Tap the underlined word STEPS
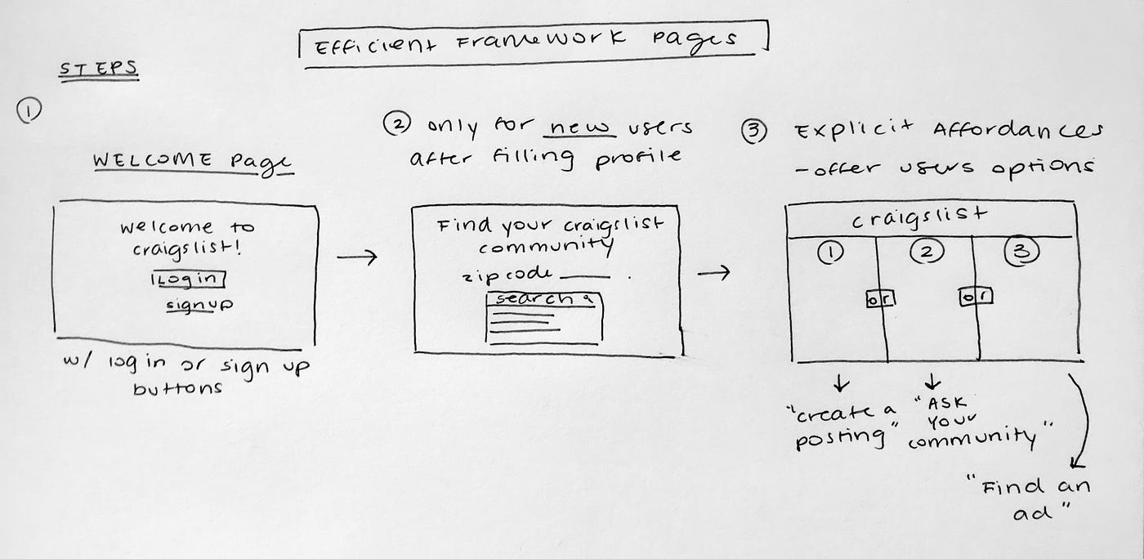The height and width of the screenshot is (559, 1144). click(x=97, y=69)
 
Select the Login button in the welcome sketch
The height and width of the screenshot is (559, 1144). click(x=188, y=279)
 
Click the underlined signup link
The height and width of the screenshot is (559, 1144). click(x=199, y=306)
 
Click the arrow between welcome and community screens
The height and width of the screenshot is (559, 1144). click(x=357, y=258)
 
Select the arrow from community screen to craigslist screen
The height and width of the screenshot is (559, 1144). click(x=713, y=272)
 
